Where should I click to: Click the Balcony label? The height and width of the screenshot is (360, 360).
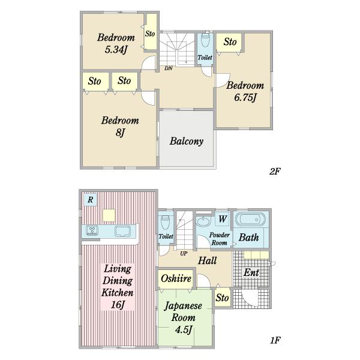click(187, 141)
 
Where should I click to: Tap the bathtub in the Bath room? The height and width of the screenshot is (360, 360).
click(250, 219)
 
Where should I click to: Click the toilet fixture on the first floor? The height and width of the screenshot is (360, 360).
click(166, 223)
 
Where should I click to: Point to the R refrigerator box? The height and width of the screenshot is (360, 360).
click(90, 200)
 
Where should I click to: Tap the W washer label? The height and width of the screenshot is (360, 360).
click(223, 219)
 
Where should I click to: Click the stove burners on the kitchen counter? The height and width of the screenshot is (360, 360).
click(92, 230)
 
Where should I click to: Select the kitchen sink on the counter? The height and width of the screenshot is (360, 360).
click(122, 231)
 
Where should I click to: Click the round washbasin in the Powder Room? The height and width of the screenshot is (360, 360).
click(203, 221)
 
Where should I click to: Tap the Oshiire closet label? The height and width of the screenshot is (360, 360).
click(176, 278)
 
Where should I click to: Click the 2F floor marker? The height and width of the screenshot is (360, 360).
click(275, 171)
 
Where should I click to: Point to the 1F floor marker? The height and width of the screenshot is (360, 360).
click(275, 340)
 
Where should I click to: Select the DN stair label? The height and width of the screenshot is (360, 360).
click(168, 68)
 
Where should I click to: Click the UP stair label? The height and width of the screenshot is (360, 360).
click(184, 253)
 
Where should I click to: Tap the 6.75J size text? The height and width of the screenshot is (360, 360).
click(245, 97)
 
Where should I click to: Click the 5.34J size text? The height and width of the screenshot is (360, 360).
click(116, 49)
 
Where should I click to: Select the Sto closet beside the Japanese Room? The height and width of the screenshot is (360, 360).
click(222, 298)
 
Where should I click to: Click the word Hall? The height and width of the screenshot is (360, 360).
click(208, 260)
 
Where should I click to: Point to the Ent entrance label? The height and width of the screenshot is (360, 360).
click(251, 272)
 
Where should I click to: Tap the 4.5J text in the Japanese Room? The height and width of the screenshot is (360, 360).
click(184, 329)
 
